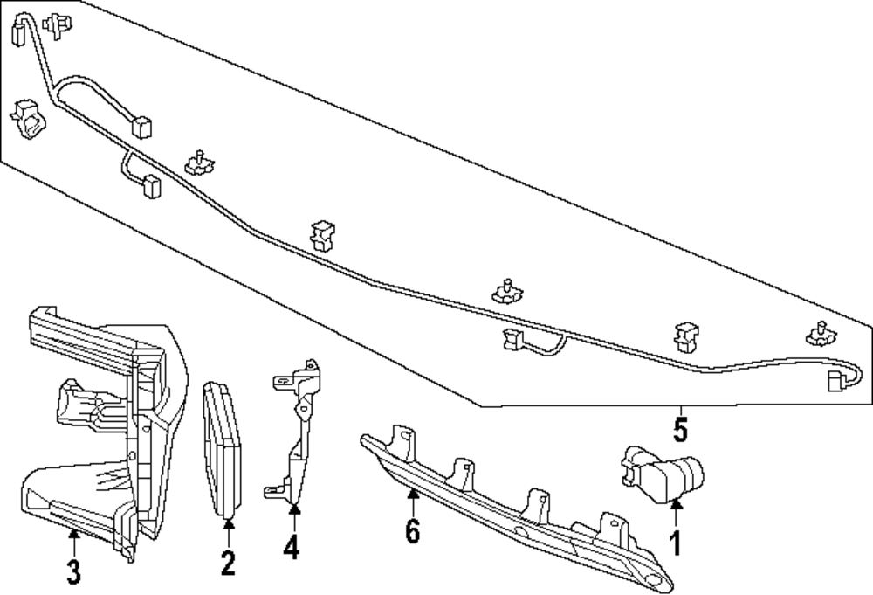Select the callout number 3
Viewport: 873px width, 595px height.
pyautogui.click(x=74, y=572)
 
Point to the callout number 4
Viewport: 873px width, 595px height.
pyautogui.click(x=292, y=547)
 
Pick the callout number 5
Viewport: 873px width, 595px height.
pyautogui.click(x=681, y=430)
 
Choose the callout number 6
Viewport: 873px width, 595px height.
pyautogui.click(x=413, y=529)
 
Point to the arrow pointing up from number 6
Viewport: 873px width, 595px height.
pyautogui.click(x=413, y=502)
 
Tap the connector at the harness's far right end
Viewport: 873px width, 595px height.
pyautogui.click(x=836, y=380)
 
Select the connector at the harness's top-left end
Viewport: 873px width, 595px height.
pyautogui.click(x=18, y=33)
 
